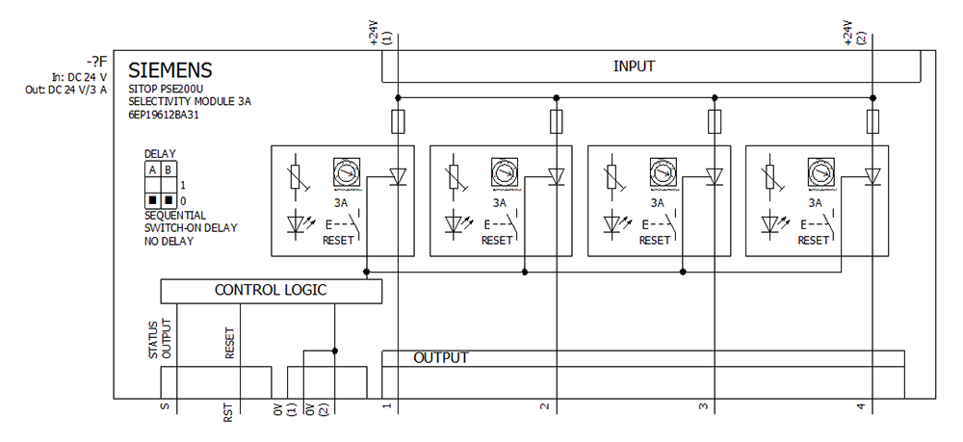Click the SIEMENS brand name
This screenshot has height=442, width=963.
point(170,71)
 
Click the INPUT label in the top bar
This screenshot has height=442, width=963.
point(634,66)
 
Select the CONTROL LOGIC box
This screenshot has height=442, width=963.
point(271,290)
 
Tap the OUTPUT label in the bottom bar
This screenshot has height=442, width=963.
point(441,358)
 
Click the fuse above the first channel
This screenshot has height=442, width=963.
point(398,121)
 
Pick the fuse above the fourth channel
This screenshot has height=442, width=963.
point(872,121)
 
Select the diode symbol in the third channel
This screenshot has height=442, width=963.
point(715,176)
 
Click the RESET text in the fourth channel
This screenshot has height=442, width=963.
point(813,241)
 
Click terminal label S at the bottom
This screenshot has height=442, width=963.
point(165,408)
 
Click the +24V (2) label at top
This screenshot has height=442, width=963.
point(854,34)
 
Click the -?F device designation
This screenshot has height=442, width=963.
point(94,62)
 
